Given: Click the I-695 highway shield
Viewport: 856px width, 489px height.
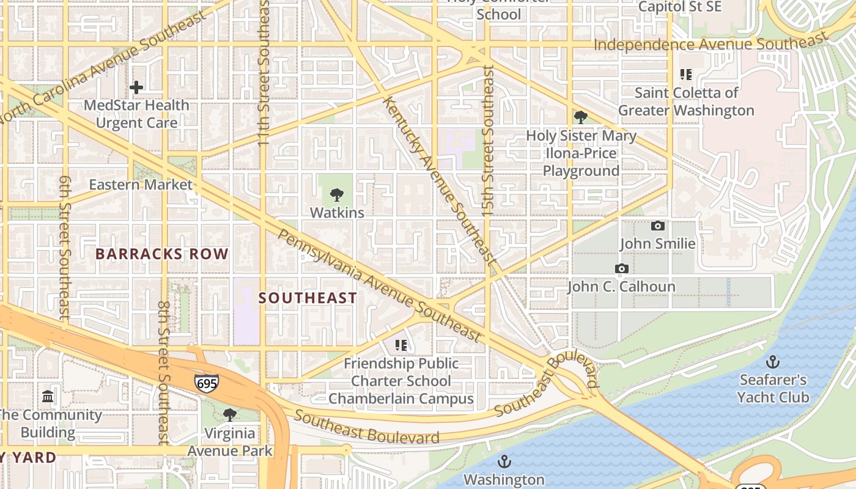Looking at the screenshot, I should point(207,383).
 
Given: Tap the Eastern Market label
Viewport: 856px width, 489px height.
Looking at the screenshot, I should point(141,185).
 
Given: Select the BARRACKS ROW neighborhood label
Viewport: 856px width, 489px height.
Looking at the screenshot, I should point(162,254).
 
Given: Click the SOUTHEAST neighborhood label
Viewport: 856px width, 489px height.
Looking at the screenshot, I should point(308,298).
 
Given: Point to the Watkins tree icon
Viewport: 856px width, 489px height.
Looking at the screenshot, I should point(336,196).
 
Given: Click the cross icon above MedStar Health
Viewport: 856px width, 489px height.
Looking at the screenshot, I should point(136,87).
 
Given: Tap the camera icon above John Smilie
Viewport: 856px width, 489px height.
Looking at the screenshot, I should point(658,226).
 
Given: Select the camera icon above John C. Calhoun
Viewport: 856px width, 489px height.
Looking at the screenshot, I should point(622,269).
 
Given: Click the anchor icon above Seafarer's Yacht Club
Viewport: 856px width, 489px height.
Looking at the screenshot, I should point(773,362).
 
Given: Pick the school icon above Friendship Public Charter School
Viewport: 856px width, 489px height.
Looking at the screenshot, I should point(401,345).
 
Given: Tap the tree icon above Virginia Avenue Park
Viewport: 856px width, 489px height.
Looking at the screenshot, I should point(230,415).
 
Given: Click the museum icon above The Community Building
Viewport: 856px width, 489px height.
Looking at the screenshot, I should point(48,397).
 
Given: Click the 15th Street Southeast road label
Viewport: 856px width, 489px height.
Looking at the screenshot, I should point(488,141).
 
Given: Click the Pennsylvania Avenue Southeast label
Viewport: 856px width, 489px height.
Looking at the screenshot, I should point(379,285).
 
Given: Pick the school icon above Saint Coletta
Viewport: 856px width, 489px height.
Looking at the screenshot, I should point(686,75).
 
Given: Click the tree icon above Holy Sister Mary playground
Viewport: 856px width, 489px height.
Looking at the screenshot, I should point(581,117).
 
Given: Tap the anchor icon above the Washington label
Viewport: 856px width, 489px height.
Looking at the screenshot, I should point(504,461).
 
